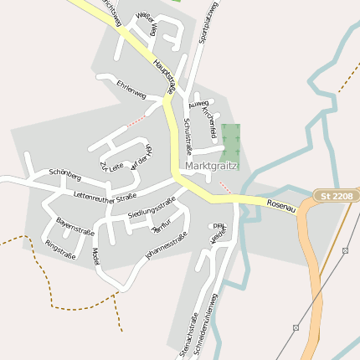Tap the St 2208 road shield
click(336, 195)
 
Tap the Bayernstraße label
click(75, 227)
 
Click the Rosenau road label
click(282, 205)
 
